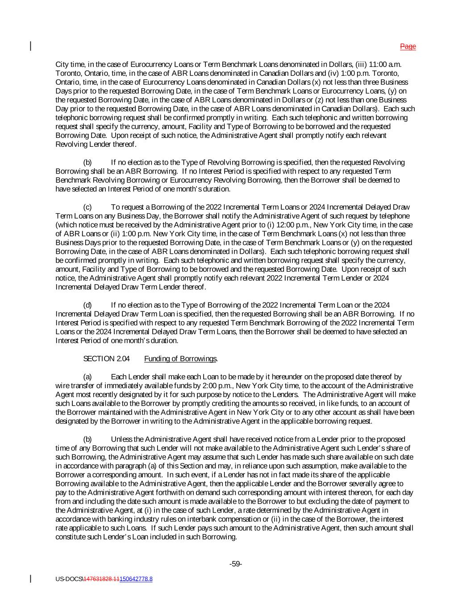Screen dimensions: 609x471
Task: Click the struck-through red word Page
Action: click(x=408, y=46)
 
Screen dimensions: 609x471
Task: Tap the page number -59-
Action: click(x=235, y=564)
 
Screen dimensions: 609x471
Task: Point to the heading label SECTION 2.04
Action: click(x=106, y=359)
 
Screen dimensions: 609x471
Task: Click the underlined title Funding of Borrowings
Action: click(x=180, y=359)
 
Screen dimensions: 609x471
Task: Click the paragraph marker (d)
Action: click(x=88, y=305)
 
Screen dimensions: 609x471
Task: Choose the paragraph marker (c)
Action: click(x=88, y=207)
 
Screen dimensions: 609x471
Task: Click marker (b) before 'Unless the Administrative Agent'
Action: click(x=88, y=439)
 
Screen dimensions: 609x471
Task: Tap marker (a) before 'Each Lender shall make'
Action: click(x=88, y=377)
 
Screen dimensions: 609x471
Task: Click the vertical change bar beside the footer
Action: click(x=31, y=579)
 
